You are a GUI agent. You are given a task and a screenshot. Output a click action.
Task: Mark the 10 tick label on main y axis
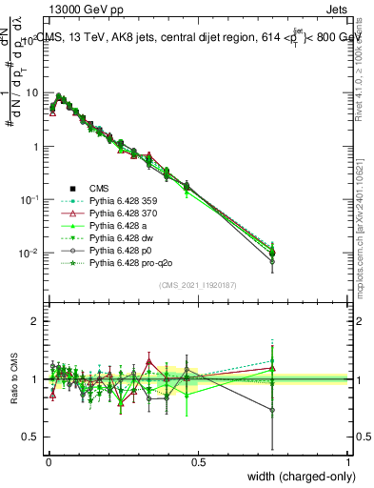(x=32, y=93)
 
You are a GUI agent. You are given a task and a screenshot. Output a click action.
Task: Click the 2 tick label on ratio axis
(x=37, y=321)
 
